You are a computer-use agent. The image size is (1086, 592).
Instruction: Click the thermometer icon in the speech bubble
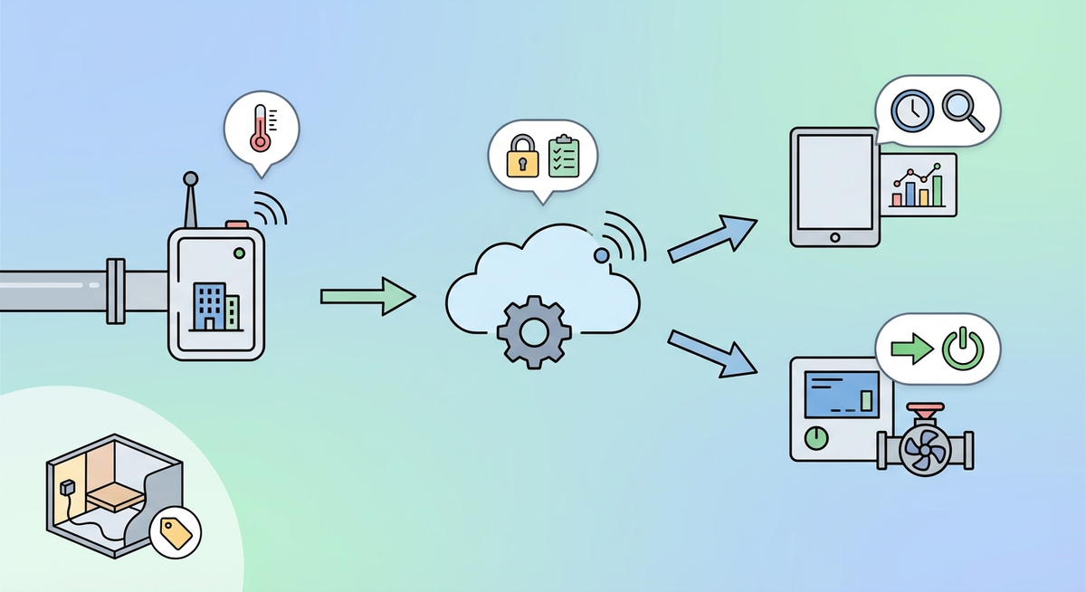pyautogui.click(x=260, y=128)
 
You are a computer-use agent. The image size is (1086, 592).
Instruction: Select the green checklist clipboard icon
pyautogui.click(x=563, y=156)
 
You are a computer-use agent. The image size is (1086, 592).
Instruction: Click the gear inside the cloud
pyautogui.click(x=534, y=330)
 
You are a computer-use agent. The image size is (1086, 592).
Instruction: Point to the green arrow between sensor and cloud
pyautogui.click(x=367, y=296)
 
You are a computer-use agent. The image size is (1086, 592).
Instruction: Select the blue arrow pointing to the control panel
pyautogui.click(x=711, y=352)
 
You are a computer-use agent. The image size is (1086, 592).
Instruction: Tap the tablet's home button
pyautogui.click(x=834, y=237)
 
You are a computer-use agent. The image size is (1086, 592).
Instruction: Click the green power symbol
pyautogui.click(x=961, y=349)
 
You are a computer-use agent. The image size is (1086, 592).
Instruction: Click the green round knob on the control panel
pyautogui.click(x=816, y=437)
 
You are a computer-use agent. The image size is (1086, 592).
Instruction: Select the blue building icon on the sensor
pyautogui.click(x=210, y=304)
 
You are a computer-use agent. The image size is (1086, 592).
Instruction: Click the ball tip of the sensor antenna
pyautogui.click(x=190, y=178)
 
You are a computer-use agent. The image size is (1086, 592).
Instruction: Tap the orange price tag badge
pyautogui.click(x=175, y=531)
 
